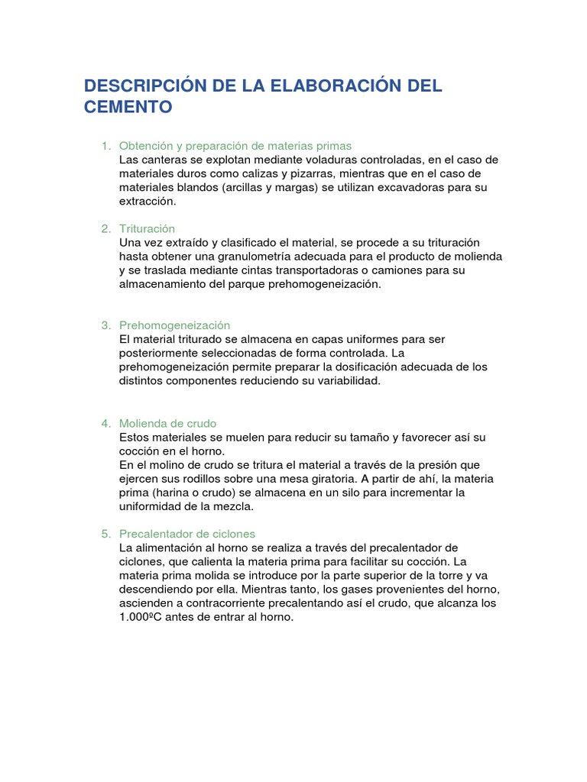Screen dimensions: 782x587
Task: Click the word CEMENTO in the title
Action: point(128,107)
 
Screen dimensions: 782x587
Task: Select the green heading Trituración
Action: point(148,228)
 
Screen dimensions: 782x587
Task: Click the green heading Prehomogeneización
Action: point(175,325)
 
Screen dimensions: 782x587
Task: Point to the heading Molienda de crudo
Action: point(168,423)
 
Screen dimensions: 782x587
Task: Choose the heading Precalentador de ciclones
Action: point(187,534)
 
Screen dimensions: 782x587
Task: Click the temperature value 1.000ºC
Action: point(147,617)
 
